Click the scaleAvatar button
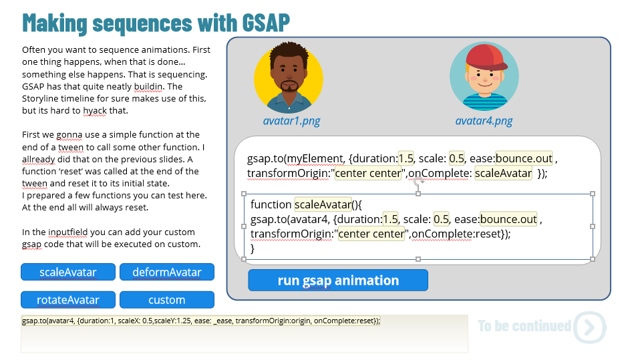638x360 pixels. pyautogui.click(x=68, y=272)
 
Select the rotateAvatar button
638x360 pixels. pyautogui.click(x=68, y=300)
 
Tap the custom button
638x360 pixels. pyautogui.click(x=167, y=300)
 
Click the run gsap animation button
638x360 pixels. pyautogui.click(x=338, y=281)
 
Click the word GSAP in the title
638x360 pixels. pyautogui.click(x=266, y=23)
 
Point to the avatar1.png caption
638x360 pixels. pyautogui.click(x=291, y=121)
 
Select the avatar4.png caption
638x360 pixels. pyautogui.click(x=484, y=121)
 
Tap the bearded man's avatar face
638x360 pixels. pyautogui.click(x=289, y=75)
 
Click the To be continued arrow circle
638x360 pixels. pyautogui.click(x=590, y=327)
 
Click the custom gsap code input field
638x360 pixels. pyautogui.click(x=244, y=333)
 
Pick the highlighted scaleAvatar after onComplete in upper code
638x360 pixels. pyautogui.click(x=503, y=173)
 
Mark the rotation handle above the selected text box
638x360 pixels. pyautogui.click(x=418, y=182)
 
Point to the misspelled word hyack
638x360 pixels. pyautogui.click(x=95, y=111)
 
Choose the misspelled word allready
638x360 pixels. pyautogui.click(x=38, y=160)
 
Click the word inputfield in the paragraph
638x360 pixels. pyautogui.click(x=67, y=232)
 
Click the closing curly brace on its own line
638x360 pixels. pyautogui.click(x=253, y=248)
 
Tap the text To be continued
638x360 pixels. pyautogui.click(x=524, y=326)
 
